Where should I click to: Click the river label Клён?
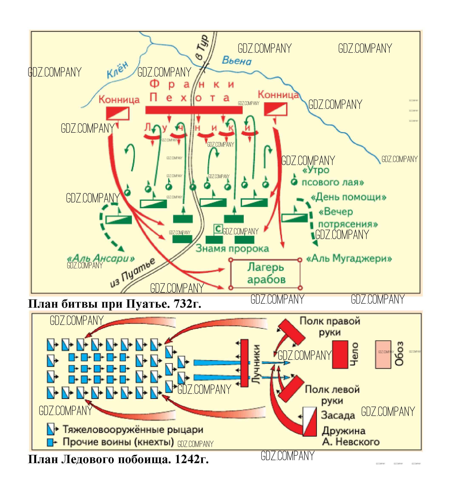pyautogui.click(x=117, y=70)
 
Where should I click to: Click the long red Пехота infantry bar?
pyautogui.click(x=194, y=110)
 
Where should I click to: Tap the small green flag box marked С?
pyautogui.click(x=218, y=229)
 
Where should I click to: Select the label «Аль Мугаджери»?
pyautogui.click(x=349, y=258)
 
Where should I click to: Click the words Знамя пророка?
pyautogui.click(x=232, y=249)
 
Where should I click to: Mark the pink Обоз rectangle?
pyautogui.click(x=383, y=354)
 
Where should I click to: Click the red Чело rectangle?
pyautogui.click(x=340, y=354)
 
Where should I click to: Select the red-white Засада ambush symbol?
pyautogui.click(x=310, y=422)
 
